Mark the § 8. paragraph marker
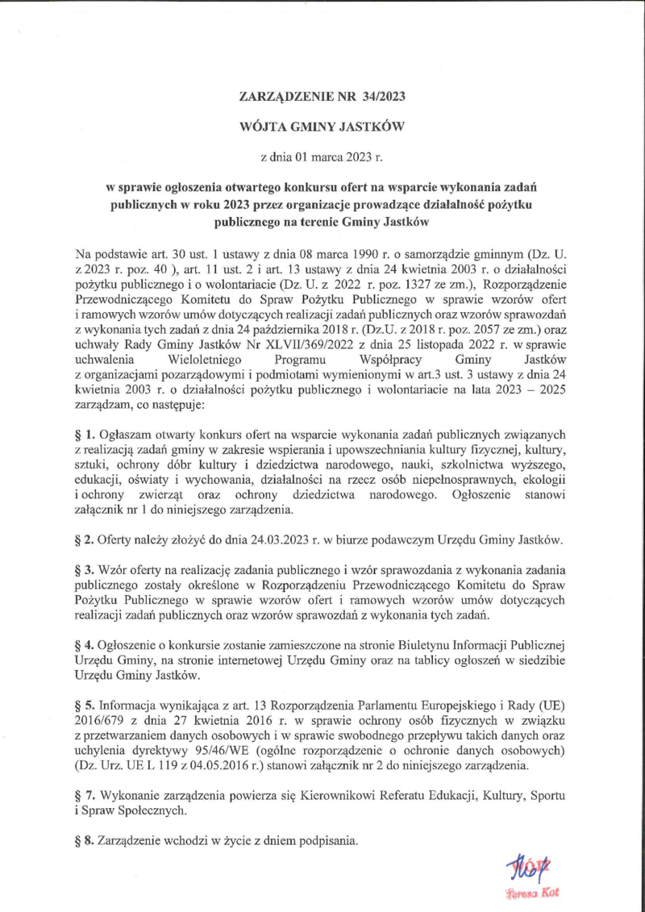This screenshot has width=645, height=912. click(x=83, y=840)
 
